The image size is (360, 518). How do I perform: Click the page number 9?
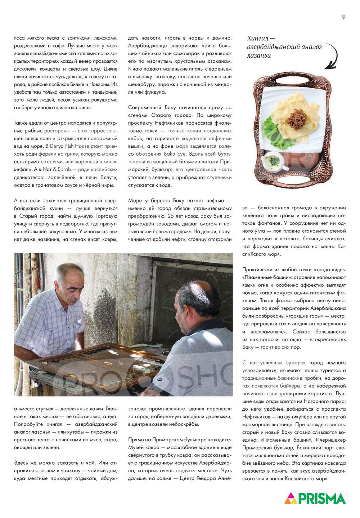click(343, 17)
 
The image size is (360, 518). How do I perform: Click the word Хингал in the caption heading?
click(258, 39)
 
